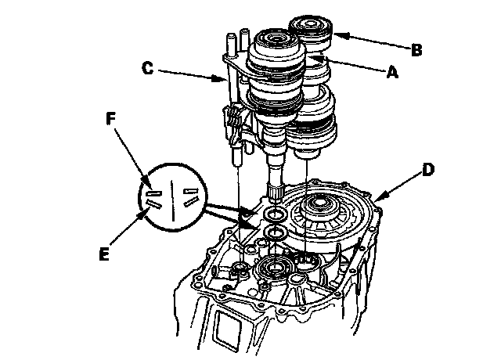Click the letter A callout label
(391, 72)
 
